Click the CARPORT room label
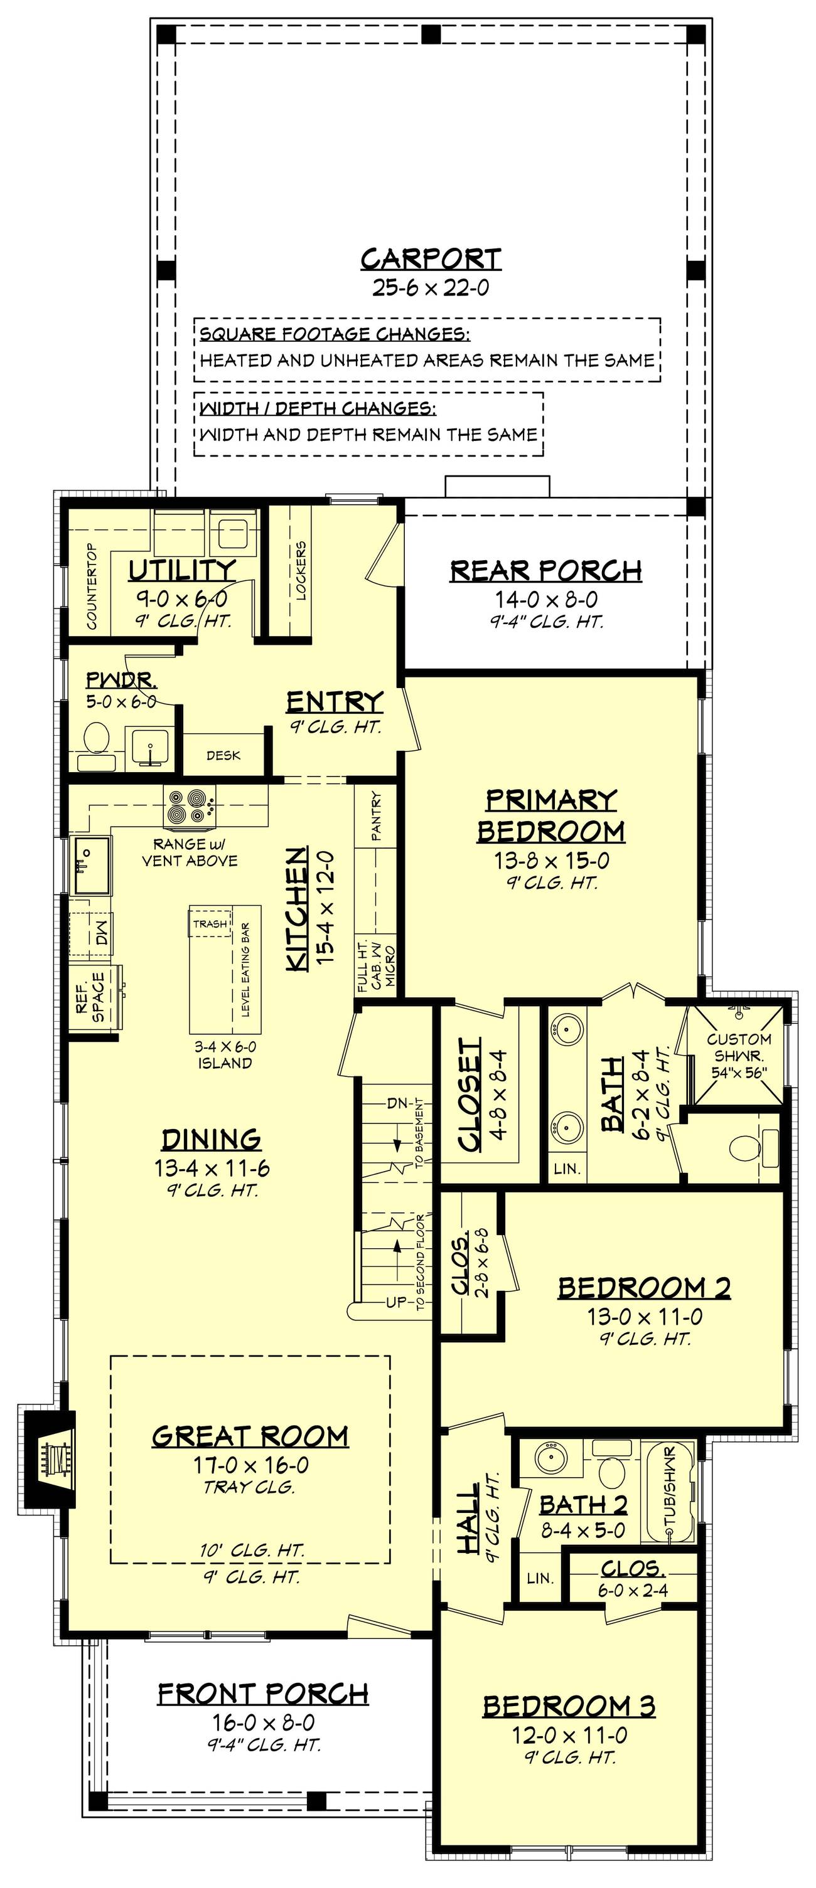[431, 258]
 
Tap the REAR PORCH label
[546, 570]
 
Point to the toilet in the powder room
[96, 745]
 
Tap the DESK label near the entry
[223, 756]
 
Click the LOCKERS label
[301, 570]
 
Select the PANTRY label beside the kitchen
[376, 815]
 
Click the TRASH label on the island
[210, 923]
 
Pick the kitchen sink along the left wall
[92, 865]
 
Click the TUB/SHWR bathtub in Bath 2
[668, 1491]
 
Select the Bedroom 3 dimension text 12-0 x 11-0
[570, 1735]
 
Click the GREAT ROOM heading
[250, 1436]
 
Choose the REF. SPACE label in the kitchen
[89, 992]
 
